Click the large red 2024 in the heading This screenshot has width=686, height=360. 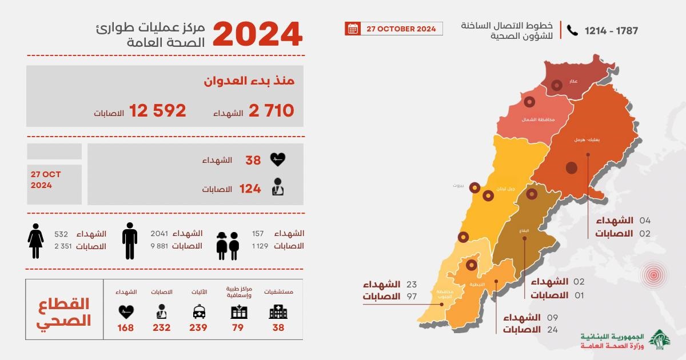coord(257,34)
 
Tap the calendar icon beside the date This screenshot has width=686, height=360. coord(353,29)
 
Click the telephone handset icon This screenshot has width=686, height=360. coord(572,30)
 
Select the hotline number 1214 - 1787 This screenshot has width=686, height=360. coord(611,31)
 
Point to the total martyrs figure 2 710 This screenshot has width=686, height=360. coord(271,110)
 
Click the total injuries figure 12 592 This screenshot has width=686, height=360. coord(158,110)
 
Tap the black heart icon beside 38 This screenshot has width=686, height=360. coord(278,160)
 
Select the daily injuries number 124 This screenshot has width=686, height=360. coord(250,189)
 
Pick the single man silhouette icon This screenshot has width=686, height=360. coord(130,240)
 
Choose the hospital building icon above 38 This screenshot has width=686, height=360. coord(278,312)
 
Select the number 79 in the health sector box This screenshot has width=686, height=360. coord(239,327)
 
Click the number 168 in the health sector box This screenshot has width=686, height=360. coord(125,327)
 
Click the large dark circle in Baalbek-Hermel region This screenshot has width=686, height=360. coord(571,168)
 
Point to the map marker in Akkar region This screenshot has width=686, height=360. coord(557,87)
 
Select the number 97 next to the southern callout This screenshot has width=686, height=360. coord(412,296)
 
